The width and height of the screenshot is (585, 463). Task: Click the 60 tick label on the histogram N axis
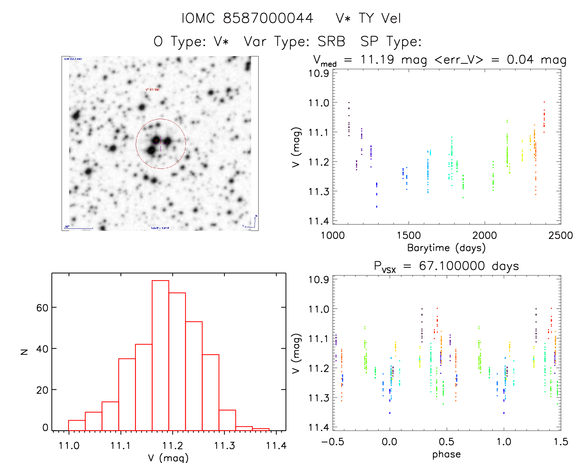click(x=42, y=308)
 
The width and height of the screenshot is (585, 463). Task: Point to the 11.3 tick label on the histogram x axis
click(x=225, y=446)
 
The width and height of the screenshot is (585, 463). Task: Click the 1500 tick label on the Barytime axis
click(x=409, y=235)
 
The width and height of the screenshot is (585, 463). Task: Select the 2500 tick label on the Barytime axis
click(x=560, y=235)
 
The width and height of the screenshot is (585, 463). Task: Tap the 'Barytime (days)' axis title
click(x=446, y=248)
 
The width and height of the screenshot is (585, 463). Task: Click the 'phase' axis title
click(x=446, y=454)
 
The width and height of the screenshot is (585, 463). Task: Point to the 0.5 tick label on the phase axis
click(x=447, y=442)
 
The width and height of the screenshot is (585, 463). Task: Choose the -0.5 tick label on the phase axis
click(x=333, y=442)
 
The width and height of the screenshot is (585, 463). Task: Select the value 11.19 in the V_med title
click(x=377, y=60)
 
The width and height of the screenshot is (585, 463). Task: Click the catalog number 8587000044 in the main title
click(x=268, y=18)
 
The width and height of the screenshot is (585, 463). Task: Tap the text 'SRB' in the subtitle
click(x=331, y=42)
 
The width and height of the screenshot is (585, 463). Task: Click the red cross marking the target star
click(x=156, y=140)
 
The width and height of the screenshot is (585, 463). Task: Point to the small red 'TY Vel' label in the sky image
click(x=152, y=90)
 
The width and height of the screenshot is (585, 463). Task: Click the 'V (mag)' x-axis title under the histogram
click(x=168, y=458)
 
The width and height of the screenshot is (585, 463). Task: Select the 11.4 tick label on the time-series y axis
click(x=318, y=221)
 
